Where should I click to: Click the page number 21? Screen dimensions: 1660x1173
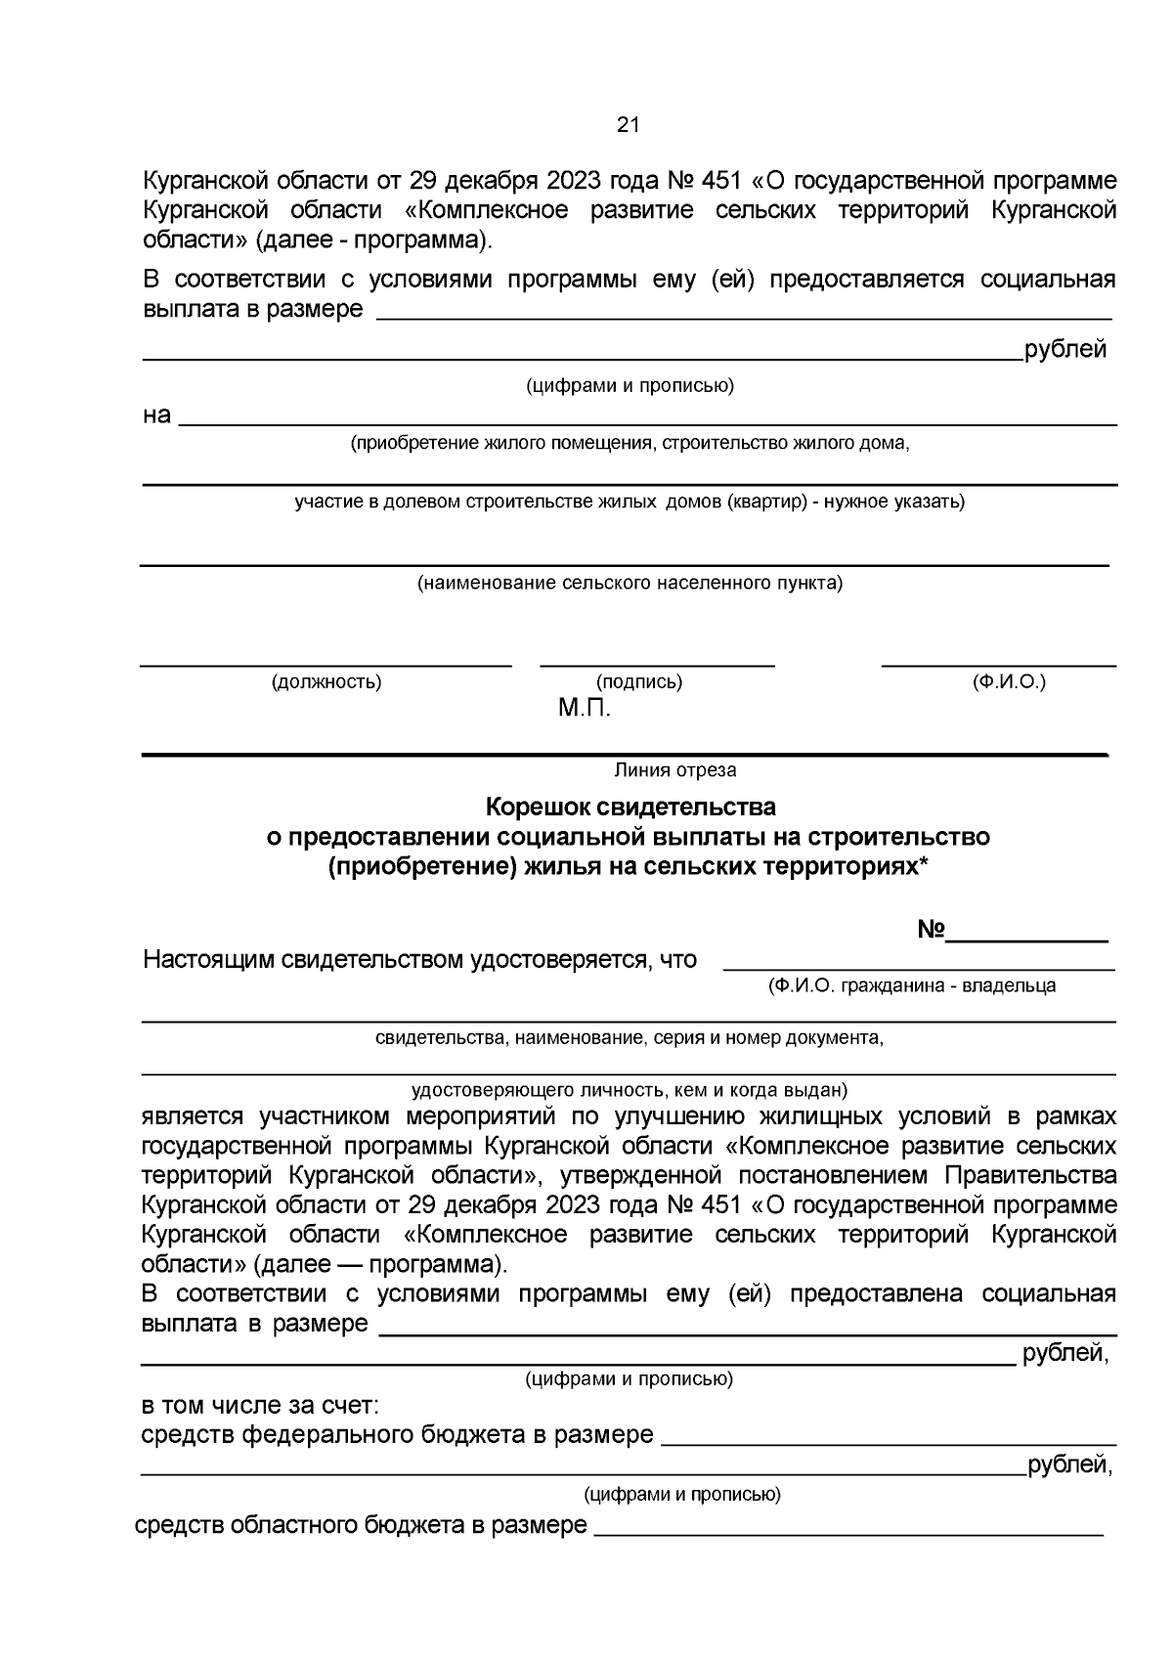[628, 125]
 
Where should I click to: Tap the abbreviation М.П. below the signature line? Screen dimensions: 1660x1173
[585, 709]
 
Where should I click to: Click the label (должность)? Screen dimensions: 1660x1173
[326, 682]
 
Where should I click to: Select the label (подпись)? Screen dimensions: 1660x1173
[639, 682]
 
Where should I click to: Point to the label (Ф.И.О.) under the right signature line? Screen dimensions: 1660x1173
[1009, 681]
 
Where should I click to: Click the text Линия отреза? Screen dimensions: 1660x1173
[674, 770]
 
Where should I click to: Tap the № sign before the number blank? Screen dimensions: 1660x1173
[930, 931]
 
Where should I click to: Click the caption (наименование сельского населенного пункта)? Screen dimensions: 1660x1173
[630, 584]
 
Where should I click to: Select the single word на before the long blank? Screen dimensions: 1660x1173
[156, 415]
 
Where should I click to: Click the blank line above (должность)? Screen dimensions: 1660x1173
[326, 666]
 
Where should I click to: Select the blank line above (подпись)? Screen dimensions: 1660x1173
[657, 666]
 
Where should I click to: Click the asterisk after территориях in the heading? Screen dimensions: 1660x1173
[924, 864]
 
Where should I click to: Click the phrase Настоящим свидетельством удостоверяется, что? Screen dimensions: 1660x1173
[419, 960]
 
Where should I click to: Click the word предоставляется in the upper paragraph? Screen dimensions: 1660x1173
[866, 281]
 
